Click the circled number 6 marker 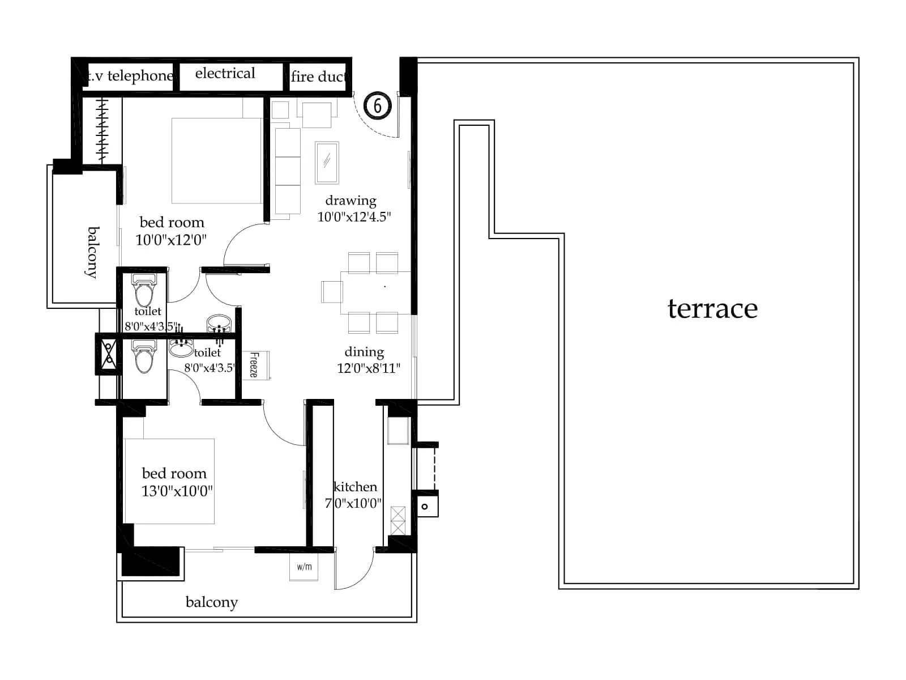tap(377, 105)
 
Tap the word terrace tap(712, 309)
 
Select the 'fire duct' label tap(318, 76)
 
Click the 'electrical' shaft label tap(225, 74)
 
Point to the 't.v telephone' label tap(129, 76)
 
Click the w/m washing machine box tap(304, 567)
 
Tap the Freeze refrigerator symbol tap(255, 365)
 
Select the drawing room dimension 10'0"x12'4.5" tap(354, 216)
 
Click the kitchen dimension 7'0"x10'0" tap(353, 503)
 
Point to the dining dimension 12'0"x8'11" tap(369, 368)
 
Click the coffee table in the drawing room tap(327, 162)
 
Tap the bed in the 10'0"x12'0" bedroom tap(217, 160)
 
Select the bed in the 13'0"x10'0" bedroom tap(169, 481)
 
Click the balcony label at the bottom tap(212, 602)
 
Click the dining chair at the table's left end tap(332, 292)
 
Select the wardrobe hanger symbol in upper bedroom tap(102, 131)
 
